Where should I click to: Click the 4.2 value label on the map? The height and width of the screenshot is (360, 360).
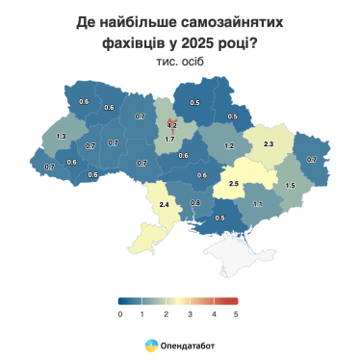(171, 125)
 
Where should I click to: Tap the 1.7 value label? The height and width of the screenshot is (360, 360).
(169, 141)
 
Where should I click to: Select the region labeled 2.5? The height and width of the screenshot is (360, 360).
(234, 182)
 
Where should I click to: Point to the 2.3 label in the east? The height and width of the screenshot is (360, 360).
(269, 144)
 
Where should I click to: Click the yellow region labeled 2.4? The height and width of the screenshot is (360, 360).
(164, 205)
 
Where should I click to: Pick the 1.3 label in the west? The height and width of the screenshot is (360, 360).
(62, 138)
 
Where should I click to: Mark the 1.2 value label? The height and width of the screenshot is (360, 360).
(229, 146)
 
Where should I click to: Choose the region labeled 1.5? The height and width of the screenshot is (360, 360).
(290, 184)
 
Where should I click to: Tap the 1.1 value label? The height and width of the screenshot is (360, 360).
(257, 204)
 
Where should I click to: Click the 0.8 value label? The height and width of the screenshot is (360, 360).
(195, 203)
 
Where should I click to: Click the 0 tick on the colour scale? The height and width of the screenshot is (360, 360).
(120, 314)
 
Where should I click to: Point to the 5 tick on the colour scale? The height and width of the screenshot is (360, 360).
(236, 314)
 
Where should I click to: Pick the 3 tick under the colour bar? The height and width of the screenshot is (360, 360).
(190, 314)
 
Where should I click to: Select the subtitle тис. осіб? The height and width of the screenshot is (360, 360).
(179, 61)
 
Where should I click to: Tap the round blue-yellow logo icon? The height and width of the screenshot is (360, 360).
(151, 344)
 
